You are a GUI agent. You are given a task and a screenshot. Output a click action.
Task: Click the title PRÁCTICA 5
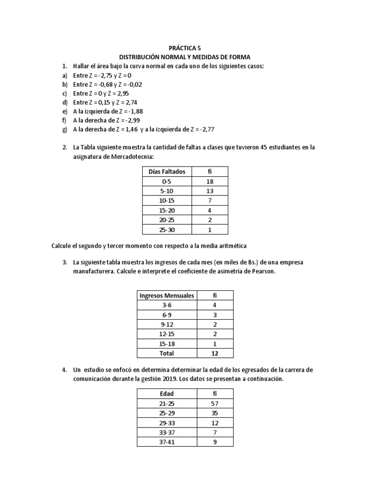coord(185,48)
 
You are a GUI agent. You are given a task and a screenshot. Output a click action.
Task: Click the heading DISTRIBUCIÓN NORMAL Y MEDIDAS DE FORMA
coord(185,57)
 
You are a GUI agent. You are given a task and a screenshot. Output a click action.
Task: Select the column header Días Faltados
coord(166,172)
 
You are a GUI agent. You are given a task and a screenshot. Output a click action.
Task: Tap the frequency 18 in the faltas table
coord(210,182)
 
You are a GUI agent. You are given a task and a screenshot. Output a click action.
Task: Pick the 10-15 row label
coord(166,201)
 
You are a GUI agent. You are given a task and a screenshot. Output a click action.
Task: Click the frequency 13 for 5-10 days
coord(210,191)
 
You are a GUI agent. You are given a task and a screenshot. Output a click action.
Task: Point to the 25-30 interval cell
coord(166,230)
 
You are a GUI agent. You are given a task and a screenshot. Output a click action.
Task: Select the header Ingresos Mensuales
coord(167,295)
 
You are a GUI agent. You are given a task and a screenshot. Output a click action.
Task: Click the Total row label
coord(167,353)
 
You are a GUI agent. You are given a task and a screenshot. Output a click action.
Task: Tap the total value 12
coord(215,353)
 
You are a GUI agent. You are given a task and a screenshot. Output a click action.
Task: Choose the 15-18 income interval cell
coord(167,343)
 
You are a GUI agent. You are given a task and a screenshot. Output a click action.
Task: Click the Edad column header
coord(167,394)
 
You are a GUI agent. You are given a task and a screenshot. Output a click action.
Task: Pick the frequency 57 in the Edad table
coord(215,403)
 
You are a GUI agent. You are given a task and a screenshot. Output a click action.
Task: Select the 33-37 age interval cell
coord(167,432)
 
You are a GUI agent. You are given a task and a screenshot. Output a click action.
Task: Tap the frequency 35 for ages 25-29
coord(215,413)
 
